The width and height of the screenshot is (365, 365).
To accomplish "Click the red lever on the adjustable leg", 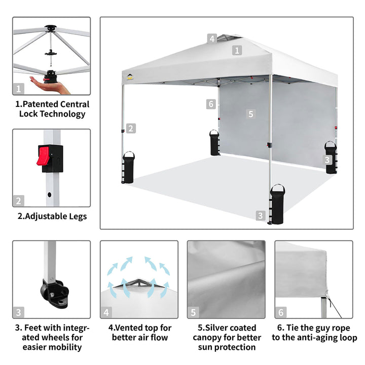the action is click(43, 156).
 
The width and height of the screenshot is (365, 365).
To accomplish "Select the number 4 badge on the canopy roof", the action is click(212, 39).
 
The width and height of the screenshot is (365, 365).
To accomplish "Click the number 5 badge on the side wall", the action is click(251, 114).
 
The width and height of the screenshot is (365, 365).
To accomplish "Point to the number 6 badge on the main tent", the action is click(211, 104).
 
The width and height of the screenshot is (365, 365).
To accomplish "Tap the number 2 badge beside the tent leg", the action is click(131, 128).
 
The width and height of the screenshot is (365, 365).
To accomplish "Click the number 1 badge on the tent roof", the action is click(237, 50).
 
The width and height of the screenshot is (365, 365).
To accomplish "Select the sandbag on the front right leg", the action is click(277, 204).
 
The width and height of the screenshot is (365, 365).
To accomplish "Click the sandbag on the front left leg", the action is click(128, 167).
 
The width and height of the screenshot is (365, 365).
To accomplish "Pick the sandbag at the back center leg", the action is click(214, 142).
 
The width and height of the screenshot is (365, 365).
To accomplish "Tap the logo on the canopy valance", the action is click(130, 77).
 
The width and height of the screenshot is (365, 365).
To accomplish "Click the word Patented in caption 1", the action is click(42, 104).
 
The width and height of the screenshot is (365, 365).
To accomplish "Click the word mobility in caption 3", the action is click(67, 347).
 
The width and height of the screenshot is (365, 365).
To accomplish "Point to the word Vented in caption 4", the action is click(129, 328).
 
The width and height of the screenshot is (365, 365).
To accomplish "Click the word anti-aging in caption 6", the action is click(319, 338).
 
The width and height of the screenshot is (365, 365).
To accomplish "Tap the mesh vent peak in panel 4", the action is click(139, 282).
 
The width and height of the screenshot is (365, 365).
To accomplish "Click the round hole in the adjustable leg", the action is click(49, 194).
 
